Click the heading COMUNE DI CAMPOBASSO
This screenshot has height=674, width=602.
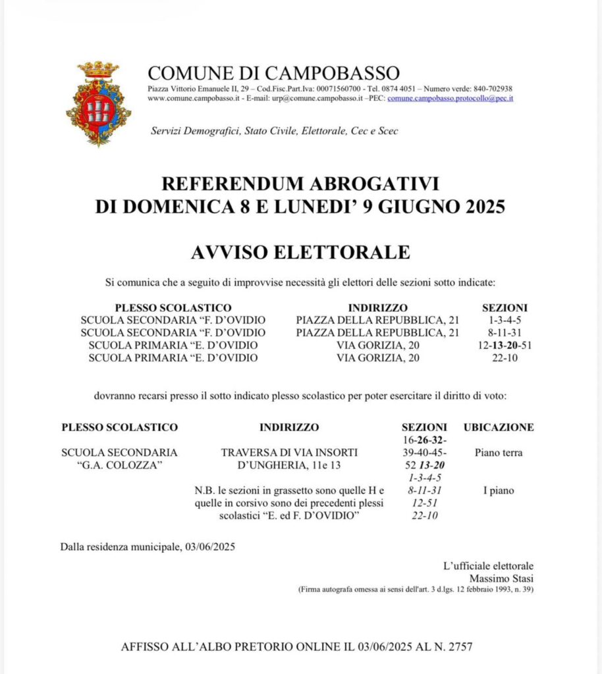(x=273, y=72)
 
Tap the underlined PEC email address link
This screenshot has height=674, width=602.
(x=450, y=98)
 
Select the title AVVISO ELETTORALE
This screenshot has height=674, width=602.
(x=300, y=252)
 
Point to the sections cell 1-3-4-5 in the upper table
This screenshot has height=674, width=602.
(x=505, y=320)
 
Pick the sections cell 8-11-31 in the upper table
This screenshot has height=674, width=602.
(x=505, y=332)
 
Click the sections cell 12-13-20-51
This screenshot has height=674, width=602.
(x=505, y=345)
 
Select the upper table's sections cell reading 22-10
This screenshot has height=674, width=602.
(x=505, y=357)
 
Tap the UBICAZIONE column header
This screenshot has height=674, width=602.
(x=499, y=427)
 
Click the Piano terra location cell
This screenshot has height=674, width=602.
(x=499, y=453)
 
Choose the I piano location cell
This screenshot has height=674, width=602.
(x=499, y=490)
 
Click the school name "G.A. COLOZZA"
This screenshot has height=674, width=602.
(x=119, y=465)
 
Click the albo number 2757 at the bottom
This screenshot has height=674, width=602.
(x=459, y=646)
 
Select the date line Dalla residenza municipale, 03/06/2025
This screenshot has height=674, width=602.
(x=148, y=546)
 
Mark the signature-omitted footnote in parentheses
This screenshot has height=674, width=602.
(x=416, y=589)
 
